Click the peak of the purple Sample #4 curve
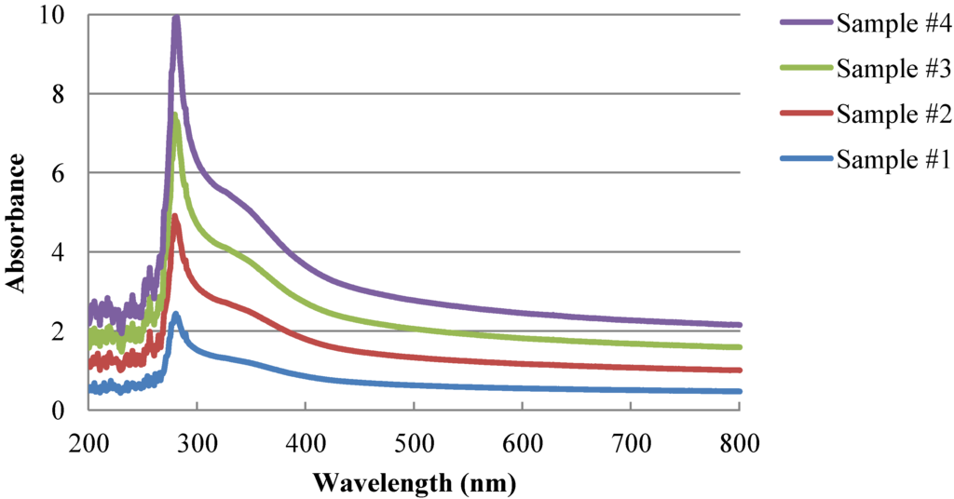click(x=175, y=18)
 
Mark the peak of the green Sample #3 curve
click(x=175, y=115)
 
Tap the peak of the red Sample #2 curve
click(x=174, y=217)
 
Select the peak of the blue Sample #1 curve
click(x=175, y=315)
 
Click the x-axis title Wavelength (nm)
click(x=414, y=483)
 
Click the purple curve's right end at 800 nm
click(x=739, y=325)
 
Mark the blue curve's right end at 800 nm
click(x=739, y=391)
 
